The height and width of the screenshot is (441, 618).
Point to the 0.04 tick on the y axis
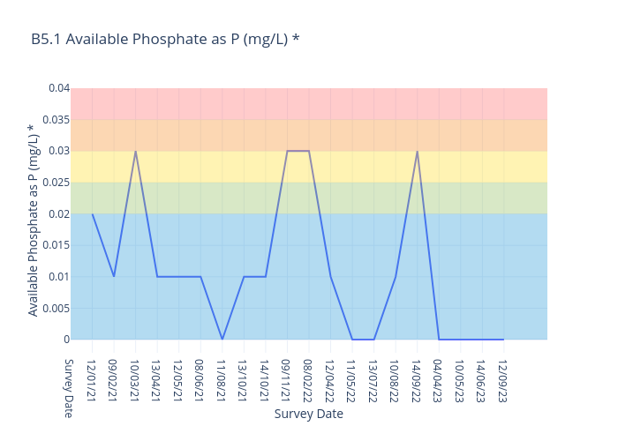(58, 88)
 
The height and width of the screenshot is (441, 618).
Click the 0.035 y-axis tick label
(56, 120)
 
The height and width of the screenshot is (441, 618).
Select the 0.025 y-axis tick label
(56, 183)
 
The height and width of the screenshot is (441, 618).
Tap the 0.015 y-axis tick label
(56, 245)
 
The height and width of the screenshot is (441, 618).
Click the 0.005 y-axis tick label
(56, 308)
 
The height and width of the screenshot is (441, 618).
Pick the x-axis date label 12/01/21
(92, 377)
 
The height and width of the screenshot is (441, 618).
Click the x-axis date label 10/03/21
(135, 377)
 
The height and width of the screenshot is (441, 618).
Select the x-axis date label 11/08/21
(222, 377)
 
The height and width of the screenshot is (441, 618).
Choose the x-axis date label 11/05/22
(351, 377)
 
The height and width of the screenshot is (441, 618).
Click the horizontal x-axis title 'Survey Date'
(308, 414)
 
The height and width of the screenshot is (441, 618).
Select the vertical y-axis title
(33, 220)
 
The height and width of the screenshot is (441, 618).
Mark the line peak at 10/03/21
(135, 151)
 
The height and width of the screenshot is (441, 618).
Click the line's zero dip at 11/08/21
(222, 340)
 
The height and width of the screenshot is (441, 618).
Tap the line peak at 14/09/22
(417, 151)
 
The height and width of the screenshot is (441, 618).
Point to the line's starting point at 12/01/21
(92, 213)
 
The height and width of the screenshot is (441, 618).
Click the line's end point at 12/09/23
(503, 340)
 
